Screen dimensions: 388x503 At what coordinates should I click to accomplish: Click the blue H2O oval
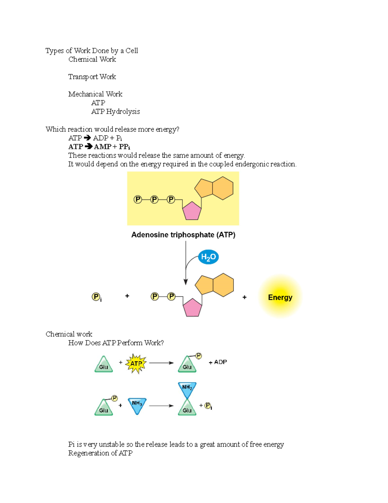point(208,257)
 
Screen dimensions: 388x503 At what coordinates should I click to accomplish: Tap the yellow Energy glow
point(280,297)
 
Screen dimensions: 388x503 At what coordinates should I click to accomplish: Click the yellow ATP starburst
point(136,363)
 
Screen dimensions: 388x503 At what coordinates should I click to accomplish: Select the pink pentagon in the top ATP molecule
point(192,211)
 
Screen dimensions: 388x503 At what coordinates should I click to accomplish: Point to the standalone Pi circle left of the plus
point(96,297)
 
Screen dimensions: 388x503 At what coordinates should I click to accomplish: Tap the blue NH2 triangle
point(187,389)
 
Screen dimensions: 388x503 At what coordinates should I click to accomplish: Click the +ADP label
point(218,362)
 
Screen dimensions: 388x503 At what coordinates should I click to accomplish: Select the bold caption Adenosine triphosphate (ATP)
point(183,235)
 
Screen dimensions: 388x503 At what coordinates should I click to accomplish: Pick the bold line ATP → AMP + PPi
point(99,147)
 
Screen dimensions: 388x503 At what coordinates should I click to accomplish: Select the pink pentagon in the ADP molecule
point(192,308)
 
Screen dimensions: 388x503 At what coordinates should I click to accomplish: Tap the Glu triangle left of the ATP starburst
point(103,365)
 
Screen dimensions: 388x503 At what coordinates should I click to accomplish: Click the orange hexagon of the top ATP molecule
point(223,188)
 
